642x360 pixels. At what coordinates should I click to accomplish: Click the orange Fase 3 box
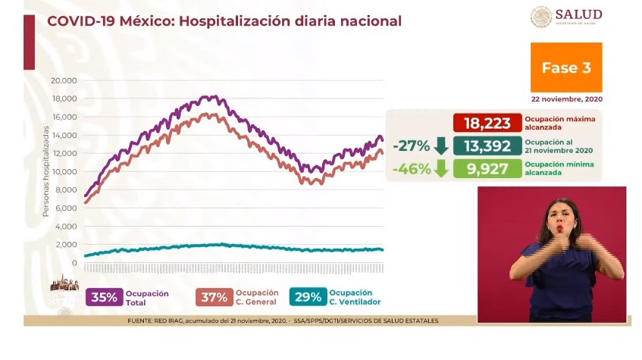coord(565,67)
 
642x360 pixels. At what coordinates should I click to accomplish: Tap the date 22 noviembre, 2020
coord(567,99)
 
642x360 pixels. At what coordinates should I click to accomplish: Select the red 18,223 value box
coord(487,123)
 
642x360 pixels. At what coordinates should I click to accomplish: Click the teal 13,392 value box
coord(487,146)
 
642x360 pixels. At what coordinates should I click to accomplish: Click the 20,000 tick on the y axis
coord(64,80)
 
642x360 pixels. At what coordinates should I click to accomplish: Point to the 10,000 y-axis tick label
coord(64,171)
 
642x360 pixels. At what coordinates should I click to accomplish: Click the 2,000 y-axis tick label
coord(66,245)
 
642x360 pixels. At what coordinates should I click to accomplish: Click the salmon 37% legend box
coord(213,297)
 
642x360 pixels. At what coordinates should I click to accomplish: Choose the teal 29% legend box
coord(307,297)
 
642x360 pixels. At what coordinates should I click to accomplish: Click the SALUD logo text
coord(578,14)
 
